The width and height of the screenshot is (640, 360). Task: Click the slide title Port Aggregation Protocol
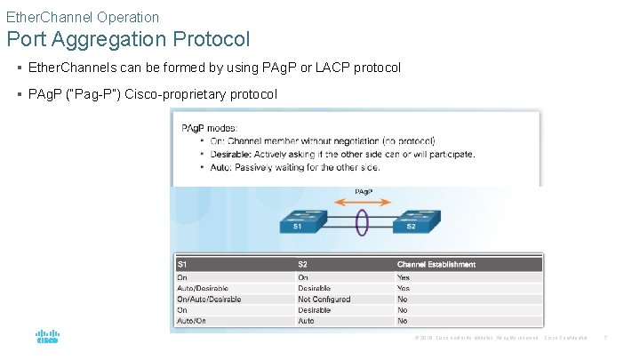(x=128, y=40)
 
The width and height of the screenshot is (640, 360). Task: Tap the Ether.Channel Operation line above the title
(x=83, y=17)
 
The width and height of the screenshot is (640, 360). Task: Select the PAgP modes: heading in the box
(x=209, y=129)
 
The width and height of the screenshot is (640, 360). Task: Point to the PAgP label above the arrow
(x=363, y=191)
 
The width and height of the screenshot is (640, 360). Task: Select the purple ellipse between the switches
(x=362, y=220)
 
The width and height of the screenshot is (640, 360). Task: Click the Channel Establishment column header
(x=436, y=264)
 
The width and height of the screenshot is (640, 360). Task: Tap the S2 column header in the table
(x=304, y=264)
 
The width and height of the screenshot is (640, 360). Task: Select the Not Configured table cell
(x=324, y=300)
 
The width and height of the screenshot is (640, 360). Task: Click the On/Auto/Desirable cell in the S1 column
(x=209, y=300)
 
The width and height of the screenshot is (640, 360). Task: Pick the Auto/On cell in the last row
(x=191, y=321)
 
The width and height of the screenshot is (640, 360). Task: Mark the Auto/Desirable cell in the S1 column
(x=203, y=288)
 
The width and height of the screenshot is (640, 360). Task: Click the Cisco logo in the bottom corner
(x=47, y=338)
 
